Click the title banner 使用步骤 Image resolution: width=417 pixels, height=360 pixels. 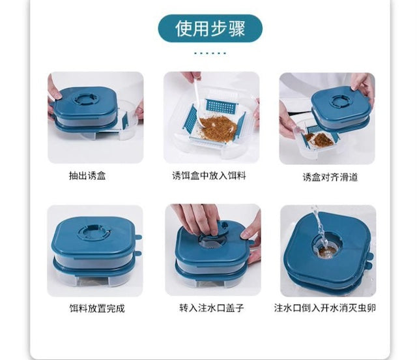(x=210, y=29)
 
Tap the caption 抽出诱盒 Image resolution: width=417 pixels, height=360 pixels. (x=87, y=175)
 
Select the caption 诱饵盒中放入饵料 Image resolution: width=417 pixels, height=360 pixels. (x=209, y=175)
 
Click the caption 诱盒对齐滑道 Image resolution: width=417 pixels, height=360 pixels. (x=330, y=177)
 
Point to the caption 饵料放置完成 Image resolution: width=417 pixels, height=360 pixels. (x=97, y=308)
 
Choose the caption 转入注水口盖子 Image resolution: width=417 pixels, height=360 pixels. (x=211, y=308)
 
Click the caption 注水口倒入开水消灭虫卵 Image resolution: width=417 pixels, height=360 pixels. (x=325, y=308)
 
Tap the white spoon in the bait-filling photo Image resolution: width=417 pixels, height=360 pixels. (x=197, y=101)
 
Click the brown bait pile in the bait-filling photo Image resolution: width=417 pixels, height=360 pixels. (x=218, y=126)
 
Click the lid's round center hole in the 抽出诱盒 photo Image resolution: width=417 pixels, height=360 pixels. (x=85, y=99)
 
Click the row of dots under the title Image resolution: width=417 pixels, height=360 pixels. (x=210, y=53)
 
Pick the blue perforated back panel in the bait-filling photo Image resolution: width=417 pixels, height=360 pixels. (x=221, y=106)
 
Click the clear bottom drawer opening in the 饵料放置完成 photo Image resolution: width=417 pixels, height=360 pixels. (x=94, y=280)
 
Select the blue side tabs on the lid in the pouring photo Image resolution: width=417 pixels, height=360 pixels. (x=369, y=260)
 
